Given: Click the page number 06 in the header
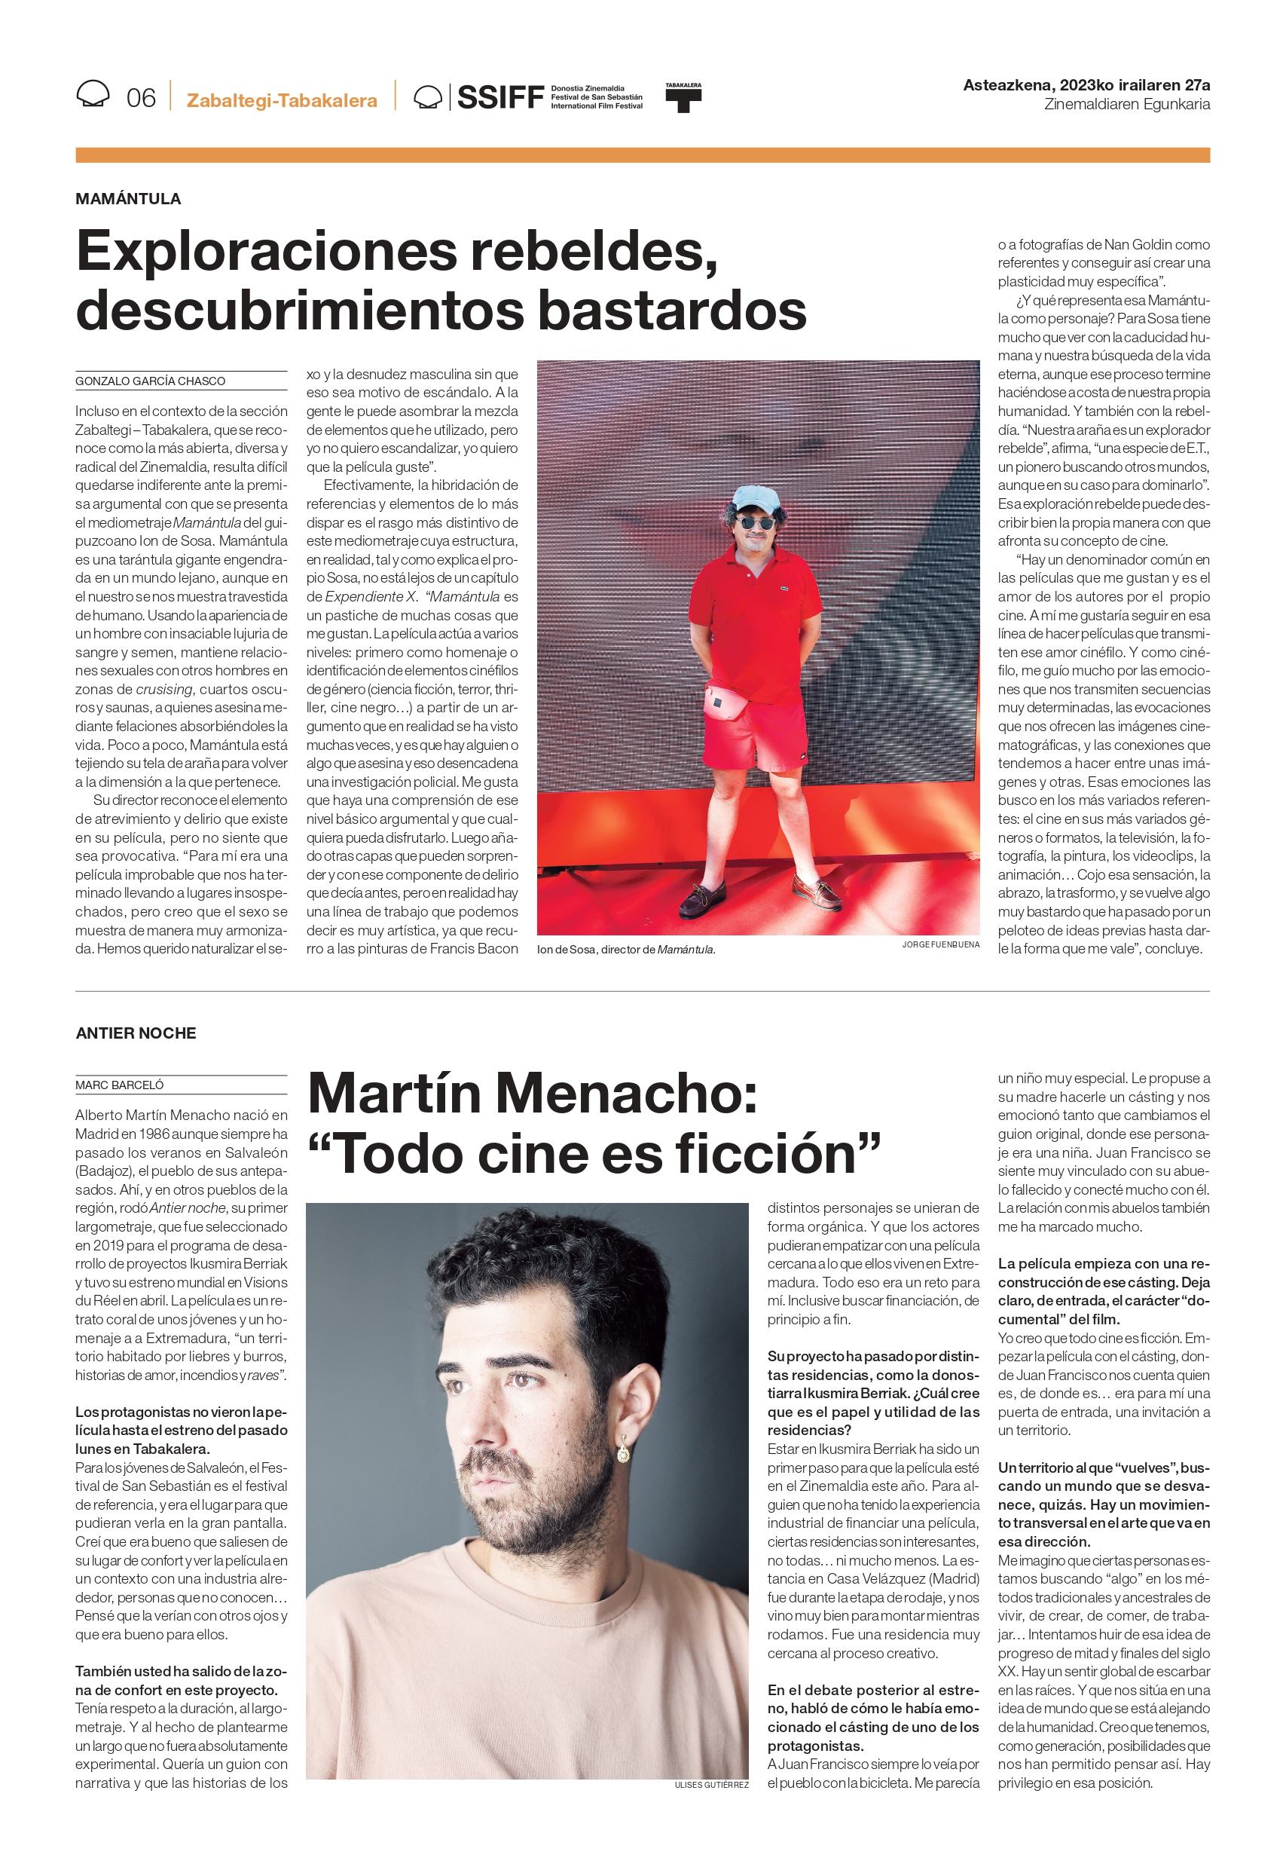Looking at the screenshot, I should click(141, 97).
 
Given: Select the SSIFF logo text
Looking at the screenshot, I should click(499, 97).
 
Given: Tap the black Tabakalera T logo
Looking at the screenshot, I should click(683, 98).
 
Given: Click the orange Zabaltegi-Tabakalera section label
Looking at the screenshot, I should click(282, 101).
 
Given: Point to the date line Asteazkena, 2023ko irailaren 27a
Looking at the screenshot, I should click(1086, 84).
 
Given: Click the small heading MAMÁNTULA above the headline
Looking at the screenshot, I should click(128, 198).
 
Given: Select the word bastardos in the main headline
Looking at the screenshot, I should click(672, 311).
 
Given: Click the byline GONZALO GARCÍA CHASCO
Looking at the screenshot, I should click(151, 381).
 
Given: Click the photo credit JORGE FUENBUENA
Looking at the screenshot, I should click(940, 944).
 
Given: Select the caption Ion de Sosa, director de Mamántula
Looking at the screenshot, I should click(626, 950).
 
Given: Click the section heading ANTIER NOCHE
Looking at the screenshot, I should click(136, 1033).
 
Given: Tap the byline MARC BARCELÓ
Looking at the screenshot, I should click(119, 1085).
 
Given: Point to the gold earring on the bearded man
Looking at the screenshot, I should click(623, 1451).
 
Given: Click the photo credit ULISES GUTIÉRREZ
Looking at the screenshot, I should click(711, 1785).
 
